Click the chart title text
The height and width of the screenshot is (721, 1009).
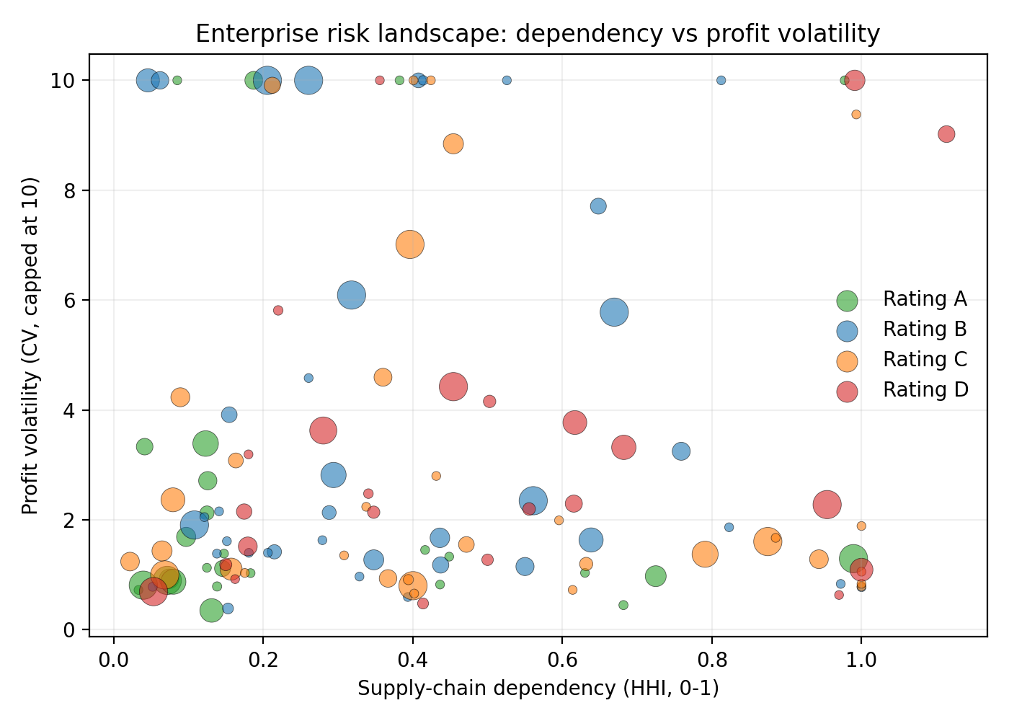point(538,34)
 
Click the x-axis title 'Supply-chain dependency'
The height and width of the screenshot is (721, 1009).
point(538,689)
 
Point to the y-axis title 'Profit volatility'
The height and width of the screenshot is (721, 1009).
point(30,346)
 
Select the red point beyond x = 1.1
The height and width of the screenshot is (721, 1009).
point(946,134)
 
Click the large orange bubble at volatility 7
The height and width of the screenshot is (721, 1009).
point(409,244)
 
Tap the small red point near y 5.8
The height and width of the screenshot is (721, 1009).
point(278,310)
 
